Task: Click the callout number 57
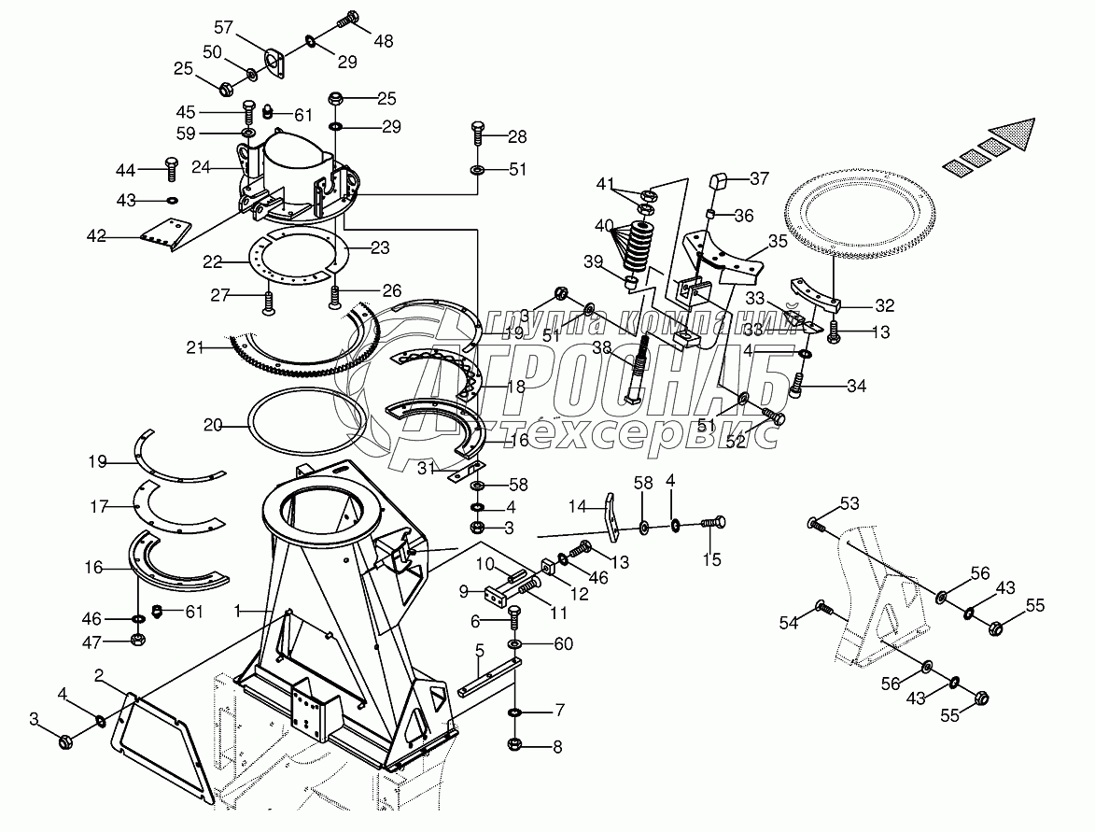click(x=223, y=25)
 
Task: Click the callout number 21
click(x=194, y=347)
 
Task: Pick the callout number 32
click(x=885, y=305)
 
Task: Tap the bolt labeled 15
click(x=714, y=522)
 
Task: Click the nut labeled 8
click(x=516, y=745)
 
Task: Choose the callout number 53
click(x=849, y=504)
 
